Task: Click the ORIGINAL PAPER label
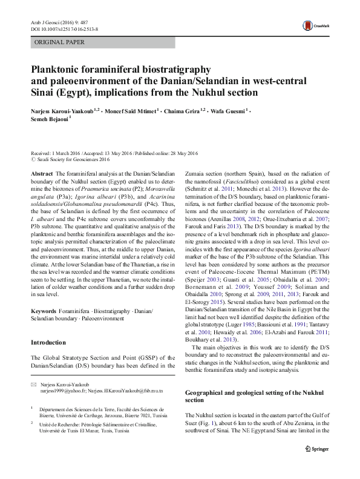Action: tap(59, 42)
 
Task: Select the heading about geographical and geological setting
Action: tap(255, 396)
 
